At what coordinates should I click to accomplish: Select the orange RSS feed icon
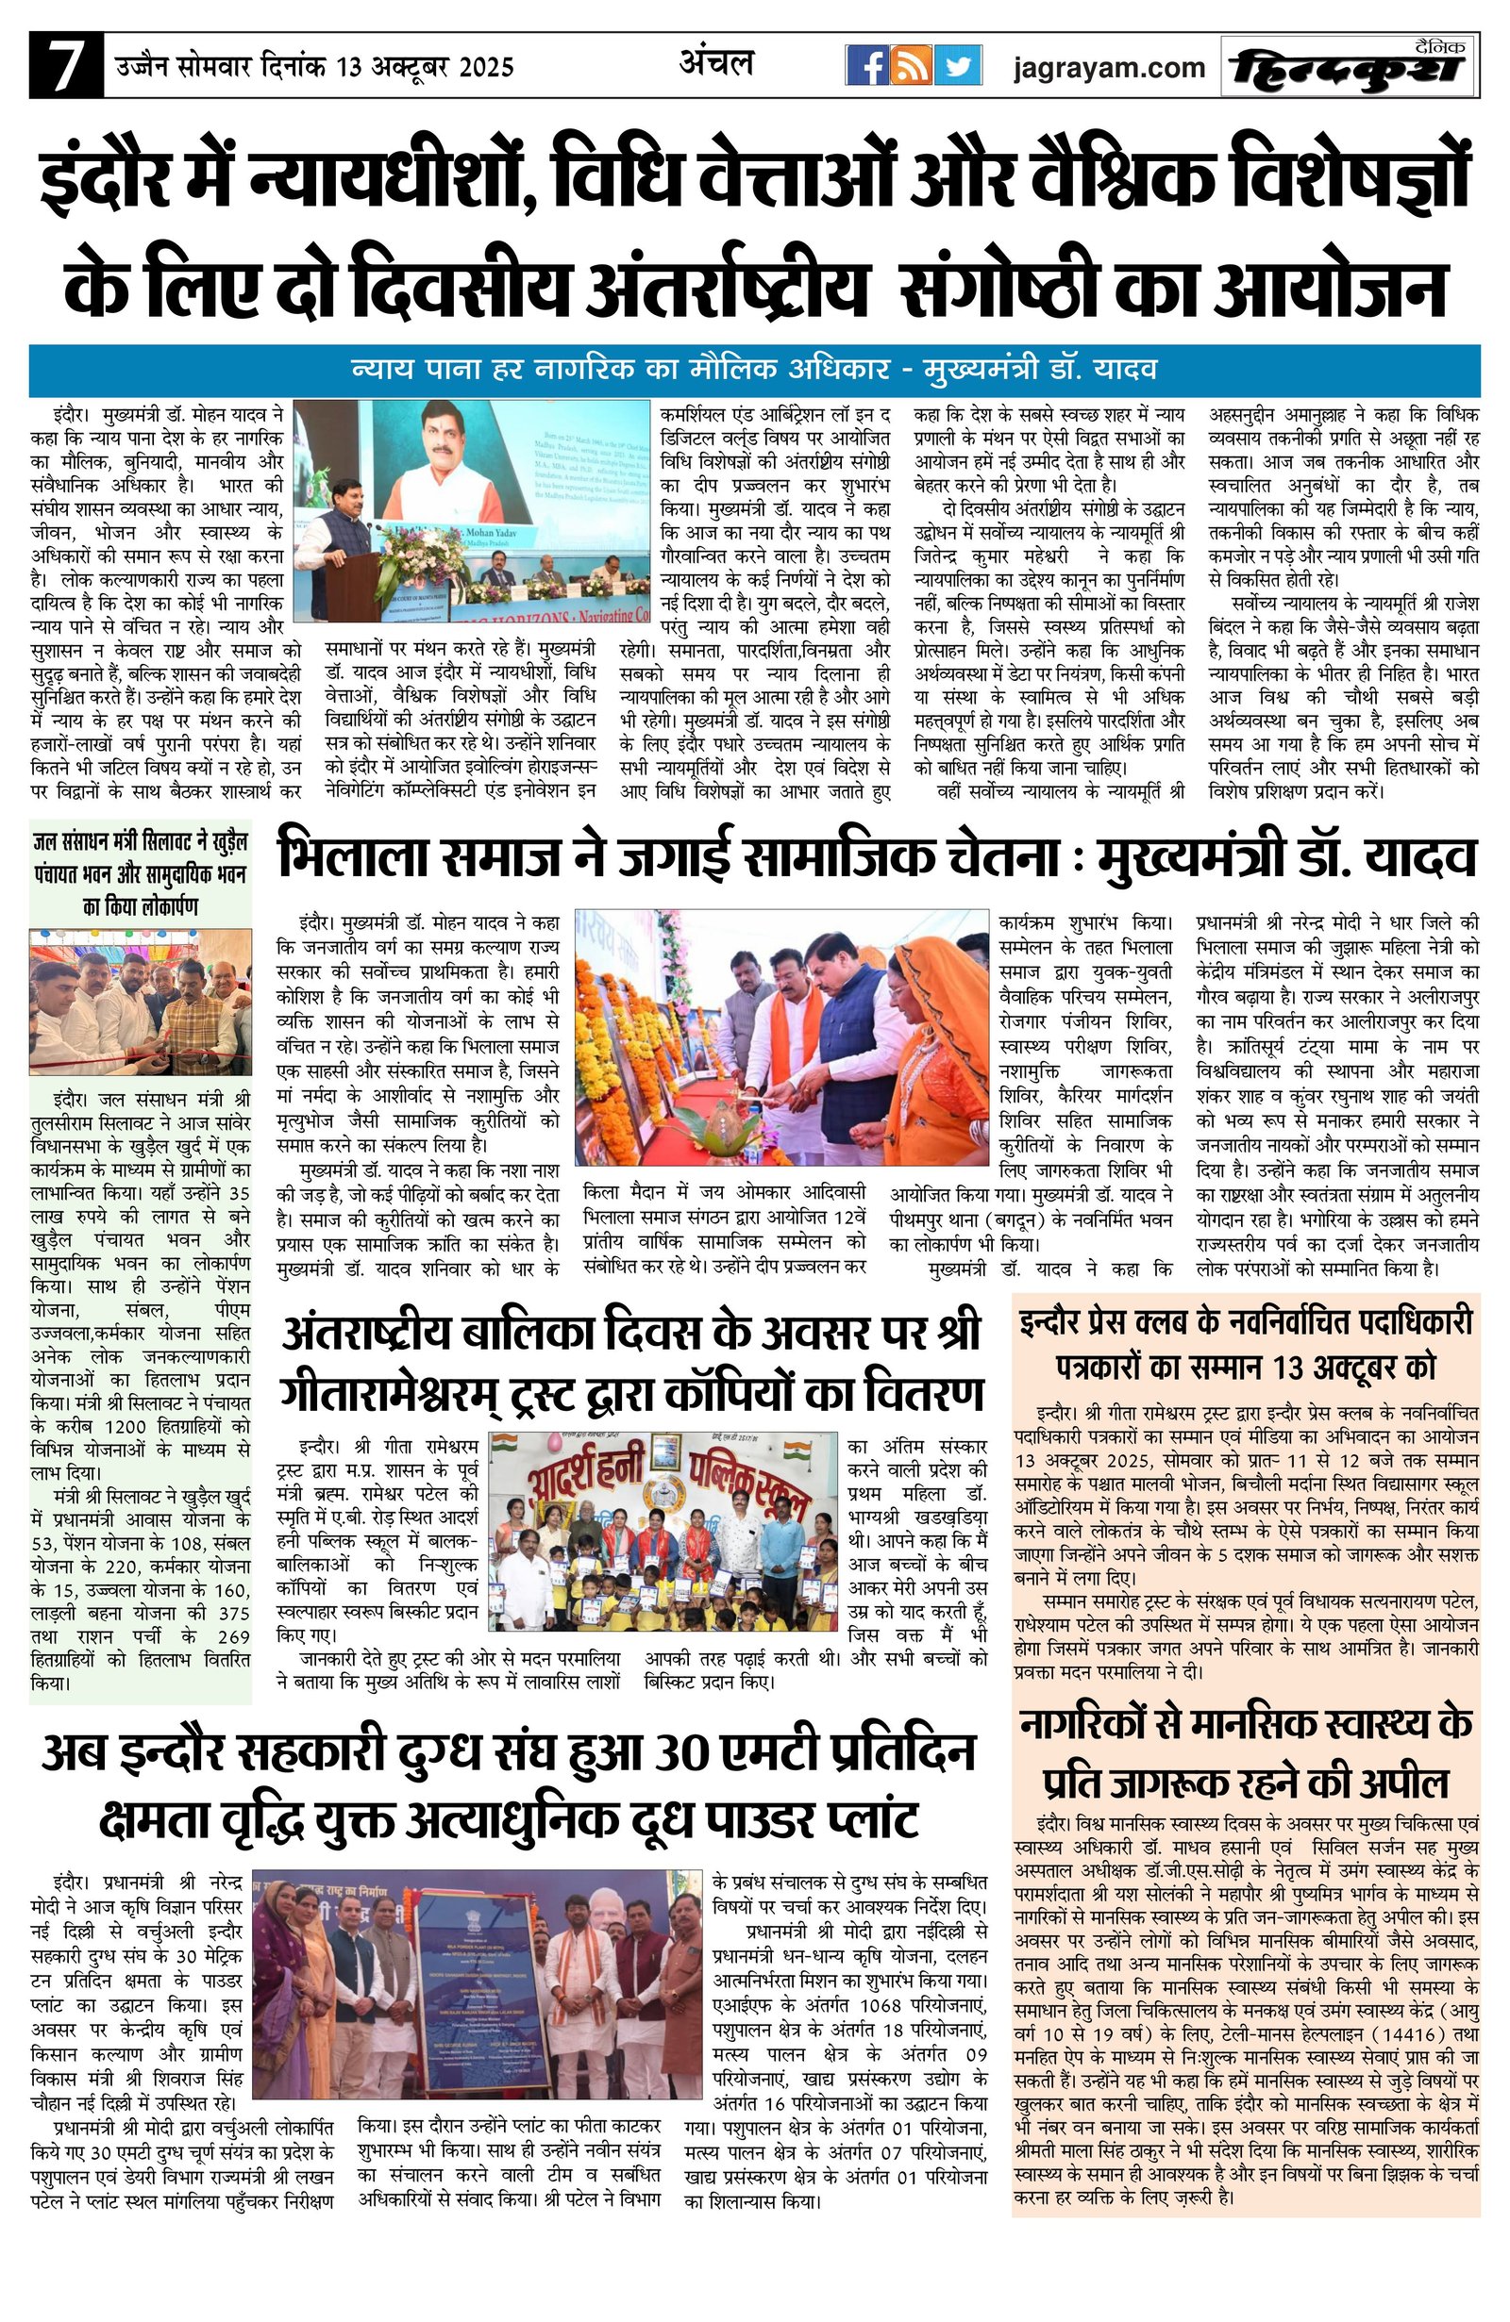click(912, 66)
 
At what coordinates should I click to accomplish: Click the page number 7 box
click(65, 66)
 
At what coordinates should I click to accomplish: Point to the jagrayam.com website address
click(1108, 67)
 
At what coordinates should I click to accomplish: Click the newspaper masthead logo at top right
click(1348, 66)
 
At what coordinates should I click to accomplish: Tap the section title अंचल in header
click(716, 64)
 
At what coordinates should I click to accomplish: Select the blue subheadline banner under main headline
click(753, 370)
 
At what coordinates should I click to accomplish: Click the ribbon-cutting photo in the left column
click(141, 1002)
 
